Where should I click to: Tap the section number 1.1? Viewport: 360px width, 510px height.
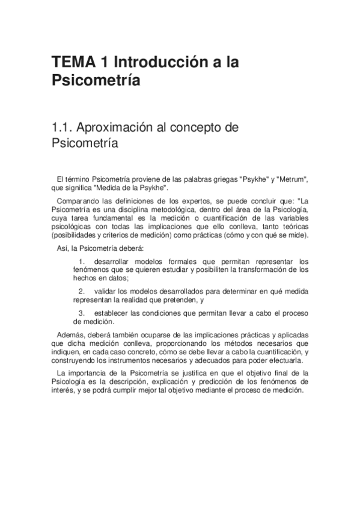point(63,127)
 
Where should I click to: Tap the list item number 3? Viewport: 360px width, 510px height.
point(81,313)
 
